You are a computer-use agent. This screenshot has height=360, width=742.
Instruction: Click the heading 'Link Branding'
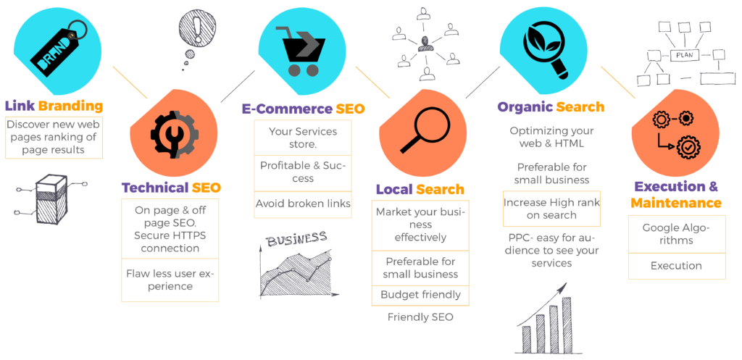(54, 106)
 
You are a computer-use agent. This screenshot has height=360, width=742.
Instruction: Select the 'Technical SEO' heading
(171, 188)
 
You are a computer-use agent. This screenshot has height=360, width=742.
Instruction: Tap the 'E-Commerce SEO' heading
(303, 109)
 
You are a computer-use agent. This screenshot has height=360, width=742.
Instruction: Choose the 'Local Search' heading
(420, 190)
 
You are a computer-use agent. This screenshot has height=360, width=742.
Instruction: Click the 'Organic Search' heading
(551, 107)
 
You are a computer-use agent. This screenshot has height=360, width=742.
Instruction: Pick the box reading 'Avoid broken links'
(303, 204)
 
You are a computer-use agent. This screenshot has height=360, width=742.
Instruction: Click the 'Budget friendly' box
(420, 295)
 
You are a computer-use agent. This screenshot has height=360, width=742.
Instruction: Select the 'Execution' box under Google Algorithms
(675, 266)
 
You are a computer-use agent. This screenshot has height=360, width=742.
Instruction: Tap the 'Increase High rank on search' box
(551, 209)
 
